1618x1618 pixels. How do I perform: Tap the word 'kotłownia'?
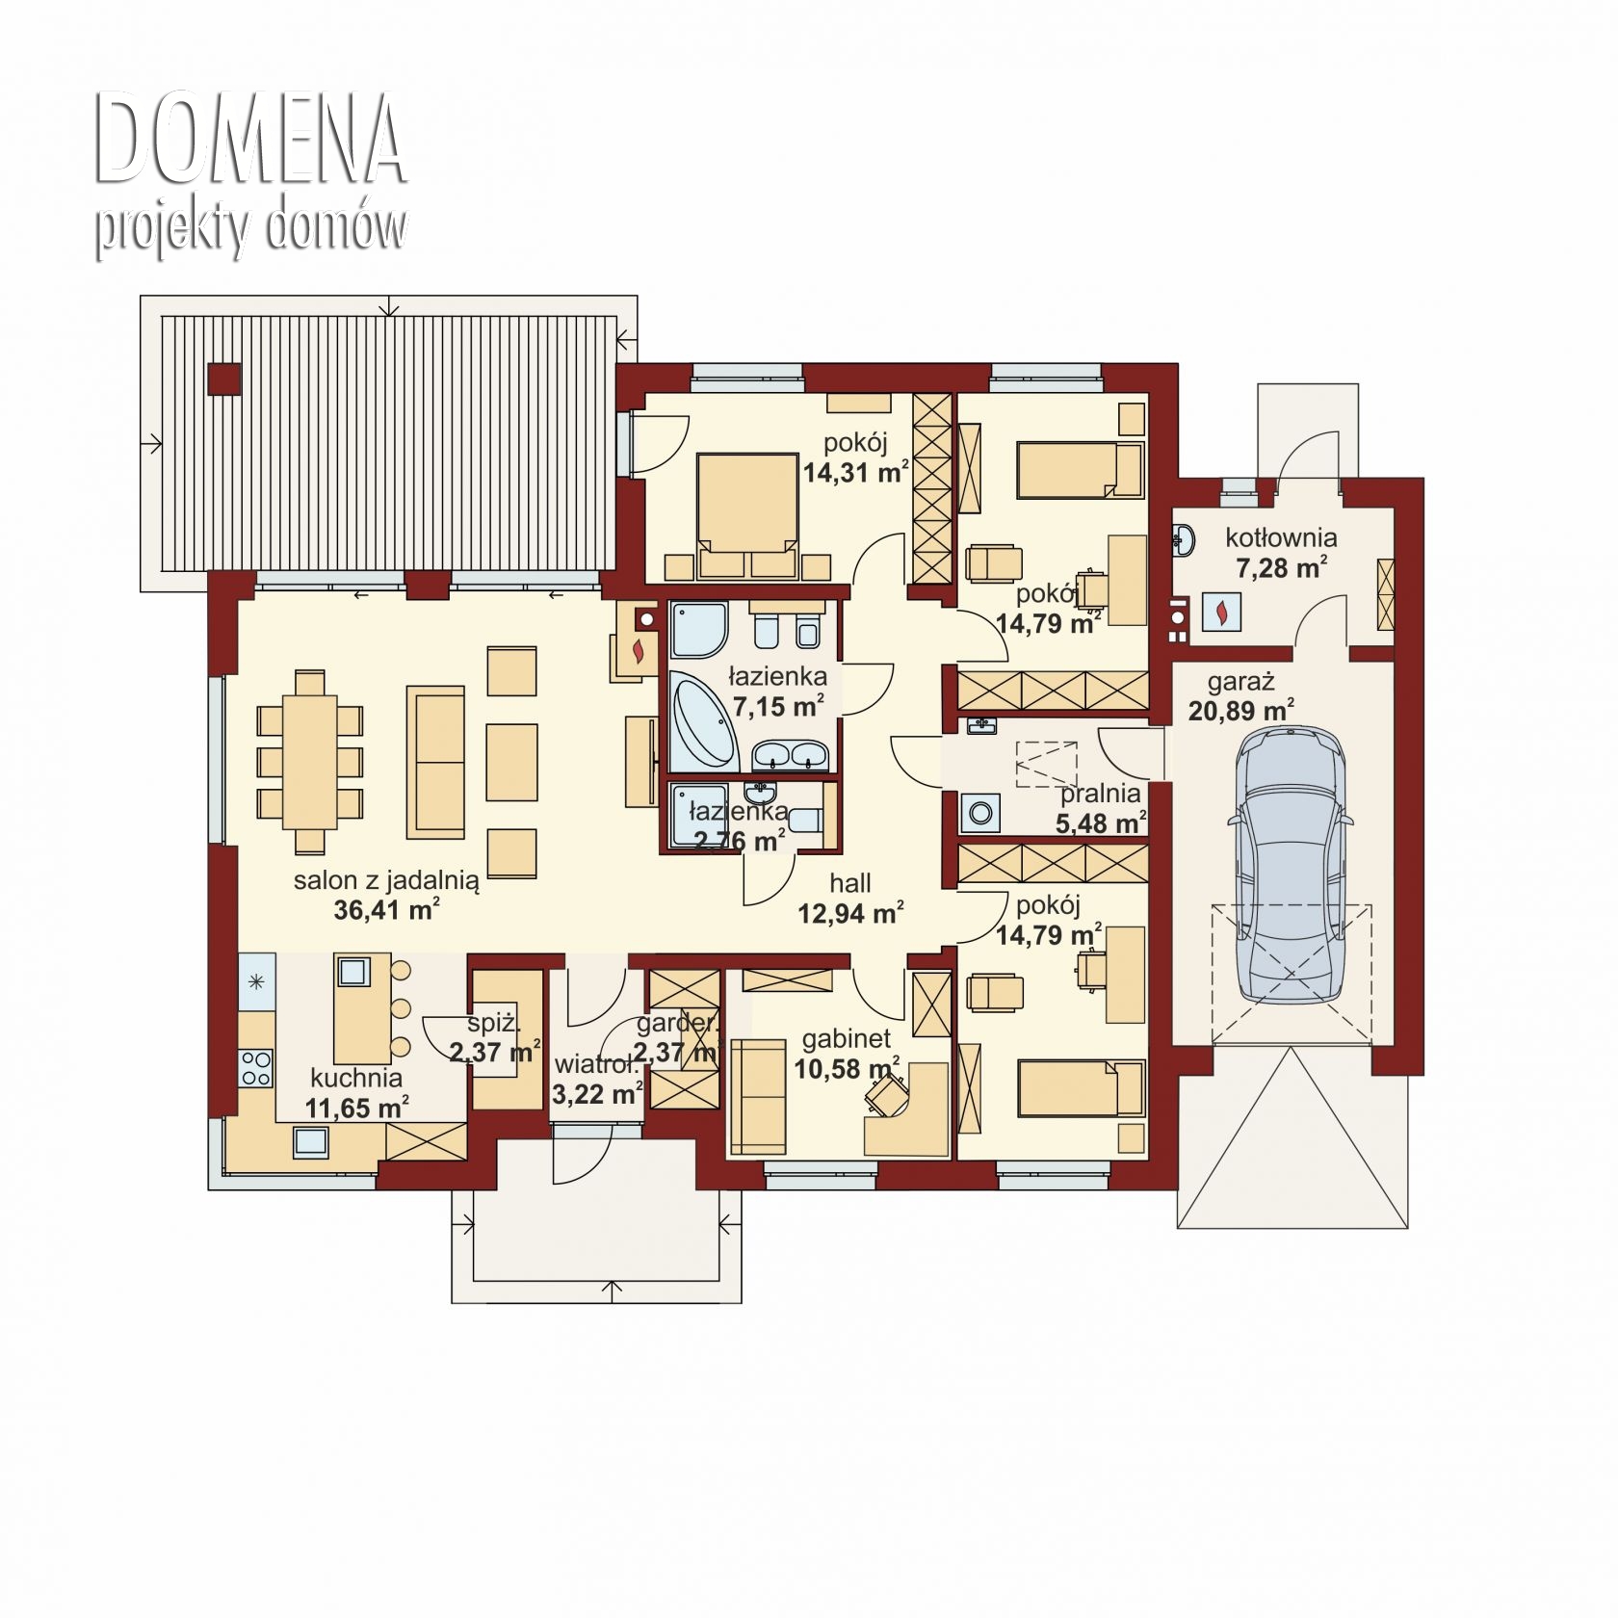point(1281,537)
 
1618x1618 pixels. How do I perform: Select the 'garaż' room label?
point(1241,683)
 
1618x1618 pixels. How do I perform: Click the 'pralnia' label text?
point(1101,795)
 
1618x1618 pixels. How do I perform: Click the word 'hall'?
point(850,882)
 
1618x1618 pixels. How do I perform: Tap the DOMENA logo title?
point(249,142)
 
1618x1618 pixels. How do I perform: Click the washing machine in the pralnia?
point(980,813)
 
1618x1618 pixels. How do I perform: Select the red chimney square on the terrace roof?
point(224,378)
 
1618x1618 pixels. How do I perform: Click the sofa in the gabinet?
point(759,1096)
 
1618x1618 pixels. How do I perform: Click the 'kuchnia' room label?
point(356,1078)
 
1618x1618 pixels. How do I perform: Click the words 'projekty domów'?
point(251,229)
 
